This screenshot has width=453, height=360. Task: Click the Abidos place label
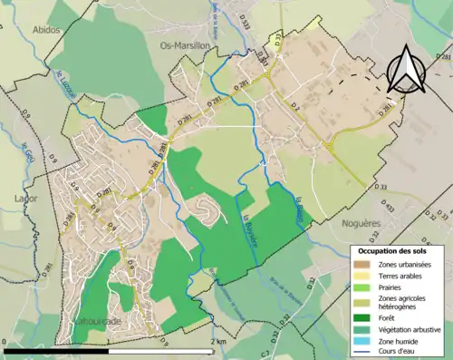pos(47,30)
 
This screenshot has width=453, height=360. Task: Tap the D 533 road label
pos(245,19)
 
